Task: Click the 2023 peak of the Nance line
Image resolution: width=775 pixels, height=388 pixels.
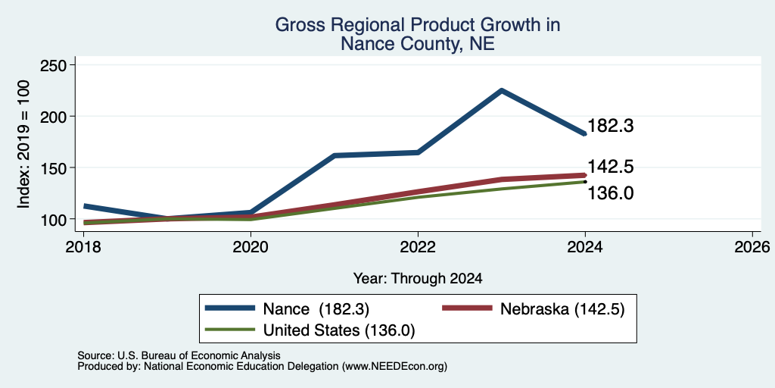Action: [x=501, y=91]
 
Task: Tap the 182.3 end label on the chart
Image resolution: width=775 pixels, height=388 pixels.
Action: [x=611, y=126]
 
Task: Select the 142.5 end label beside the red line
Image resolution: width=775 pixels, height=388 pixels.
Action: [x=611, y=167]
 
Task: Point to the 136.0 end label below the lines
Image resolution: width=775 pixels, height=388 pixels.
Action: [x=611, y=193]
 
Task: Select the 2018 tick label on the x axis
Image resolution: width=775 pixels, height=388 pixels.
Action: [x=84, y=246]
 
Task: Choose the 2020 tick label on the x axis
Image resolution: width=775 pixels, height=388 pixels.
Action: [x=251, y=246]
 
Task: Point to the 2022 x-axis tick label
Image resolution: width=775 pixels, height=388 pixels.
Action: [x=418, y=246]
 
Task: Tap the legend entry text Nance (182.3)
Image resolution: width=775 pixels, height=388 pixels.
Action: [x=316, y=309]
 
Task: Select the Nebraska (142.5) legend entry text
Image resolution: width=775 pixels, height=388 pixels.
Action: [x=562, y=309]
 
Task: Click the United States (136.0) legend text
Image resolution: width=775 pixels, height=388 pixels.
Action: [x=338, y=330]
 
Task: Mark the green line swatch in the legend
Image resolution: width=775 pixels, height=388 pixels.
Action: [x=230, y=330]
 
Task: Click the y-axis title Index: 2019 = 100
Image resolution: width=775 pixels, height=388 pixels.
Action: [x=23, y=145]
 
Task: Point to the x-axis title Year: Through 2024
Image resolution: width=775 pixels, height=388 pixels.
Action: [x=418, y=279]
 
